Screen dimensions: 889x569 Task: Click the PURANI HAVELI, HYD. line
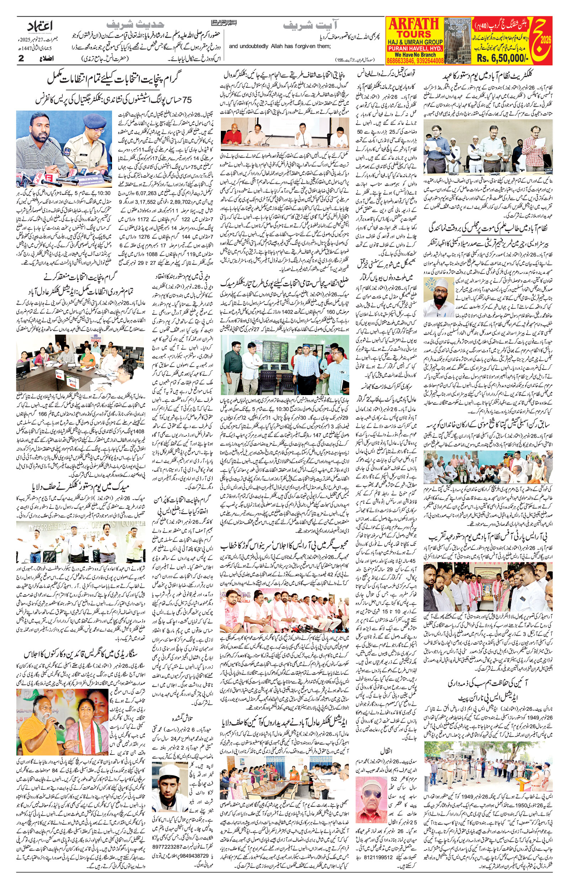[415, 48]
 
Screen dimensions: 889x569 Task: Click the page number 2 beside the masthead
[21, 59]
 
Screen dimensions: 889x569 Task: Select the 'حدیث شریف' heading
[135, 26]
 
